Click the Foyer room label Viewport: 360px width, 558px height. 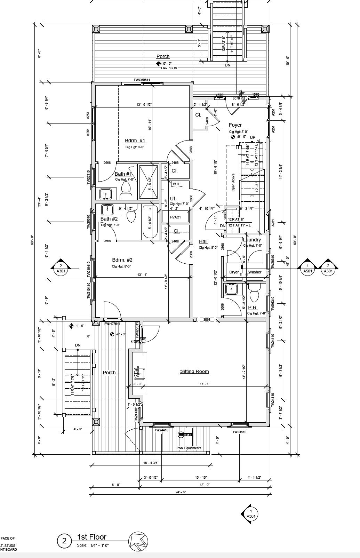235,125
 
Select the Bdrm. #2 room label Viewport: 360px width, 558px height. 122,260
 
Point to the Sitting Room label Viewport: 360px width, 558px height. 194,372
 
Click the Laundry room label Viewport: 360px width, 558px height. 252,240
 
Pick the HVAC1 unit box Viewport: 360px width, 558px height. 175,217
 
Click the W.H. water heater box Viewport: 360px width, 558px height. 176,184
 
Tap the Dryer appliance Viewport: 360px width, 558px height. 234,272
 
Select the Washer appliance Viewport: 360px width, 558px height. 255,272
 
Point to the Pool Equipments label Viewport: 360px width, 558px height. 189,448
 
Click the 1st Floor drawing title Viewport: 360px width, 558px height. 92,537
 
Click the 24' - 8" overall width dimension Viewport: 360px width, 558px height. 181,492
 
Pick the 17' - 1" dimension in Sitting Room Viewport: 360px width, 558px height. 205,384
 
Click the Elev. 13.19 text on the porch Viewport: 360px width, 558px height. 169,68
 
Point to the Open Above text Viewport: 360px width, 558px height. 233,182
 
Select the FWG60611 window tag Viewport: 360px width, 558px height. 142,80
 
